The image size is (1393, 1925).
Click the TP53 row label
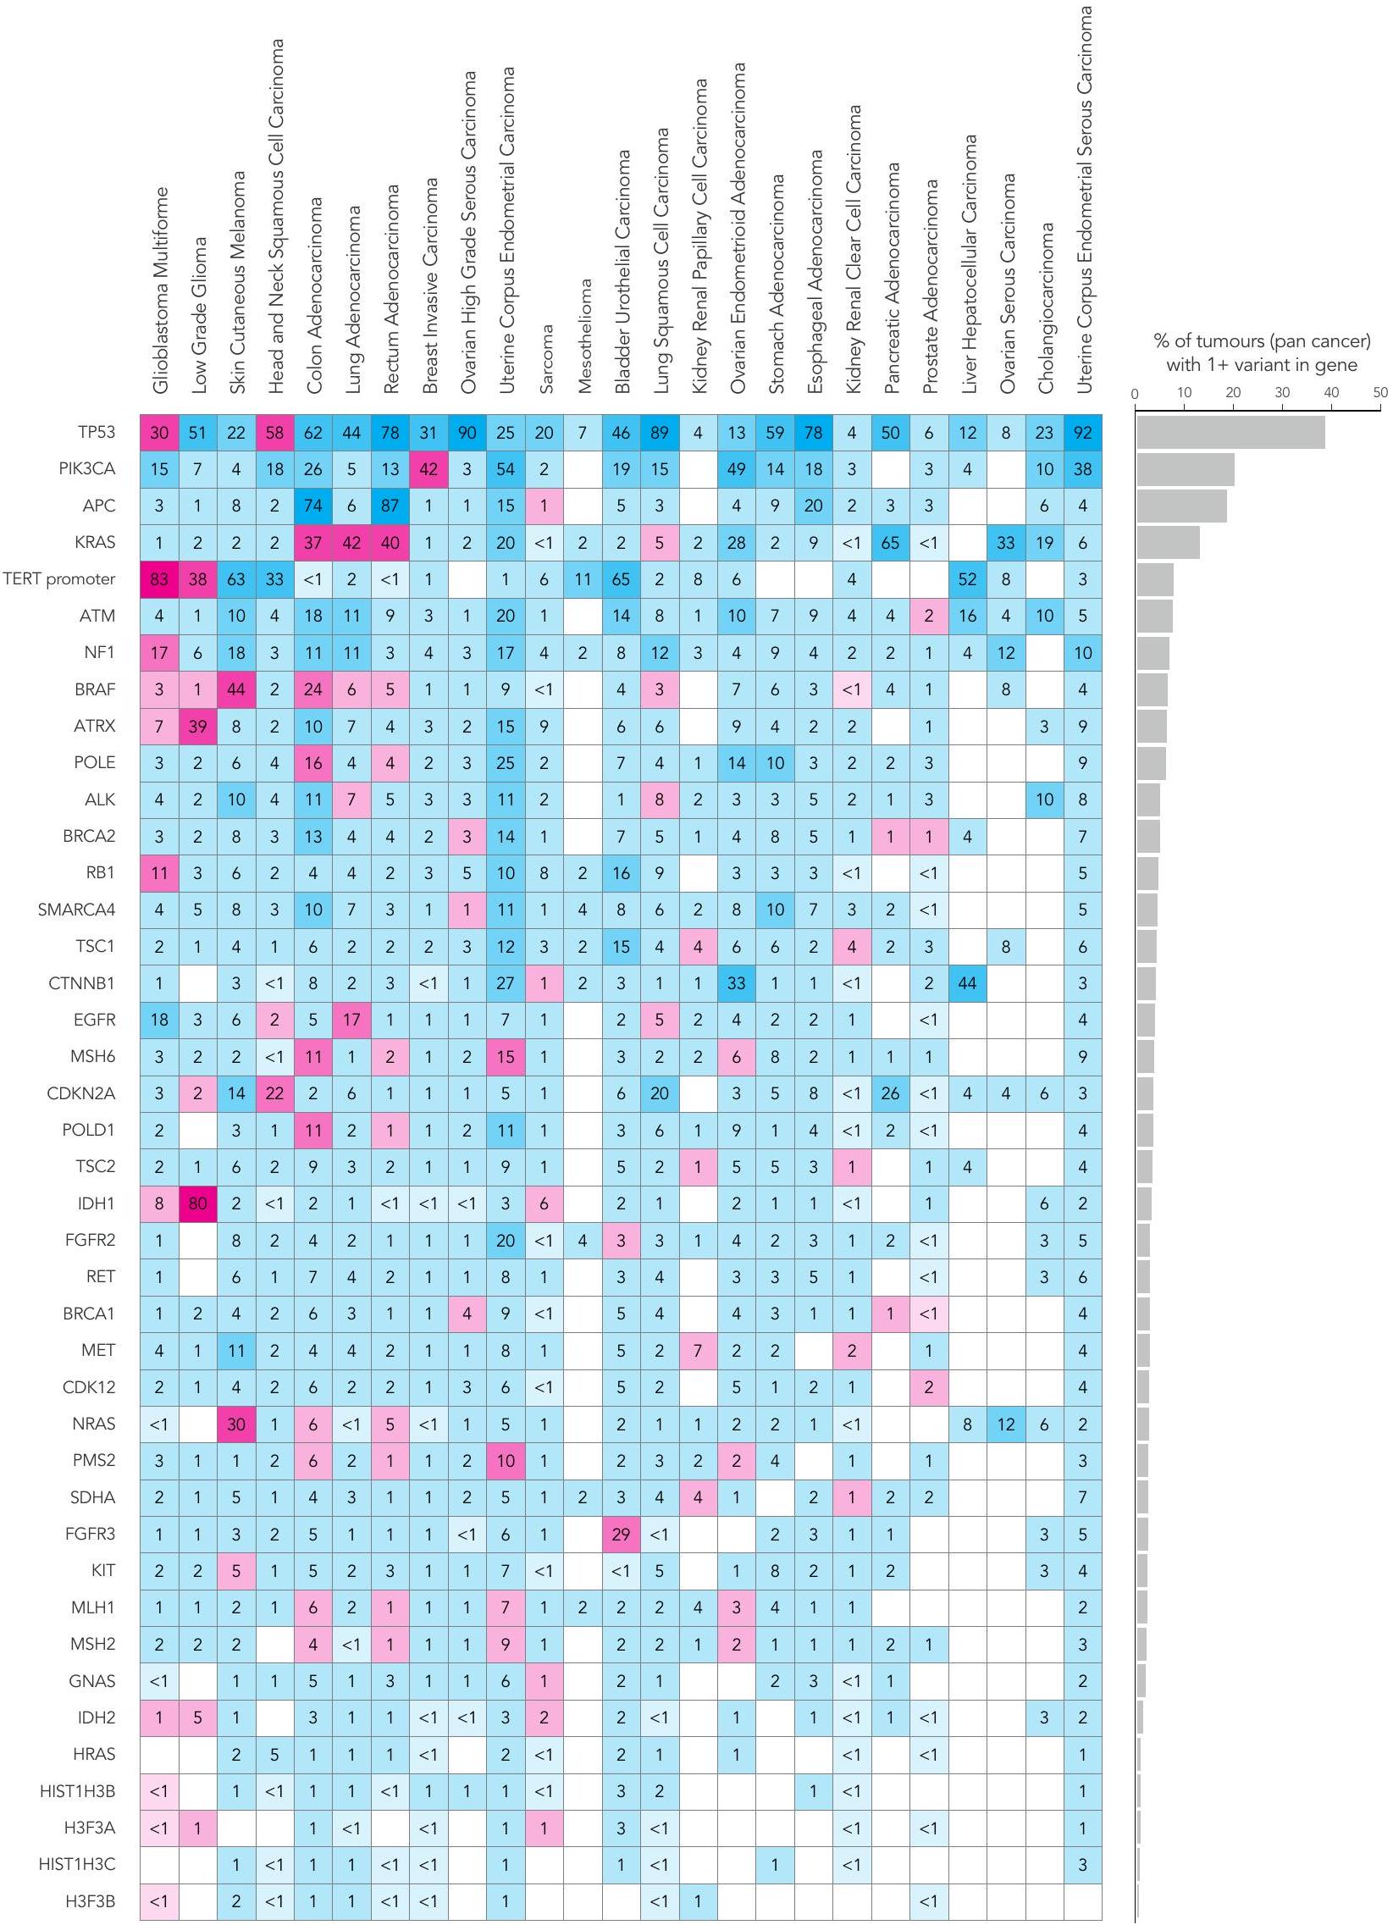(x=96, y=433)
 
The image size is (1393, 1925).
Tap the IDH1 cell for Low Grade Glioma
(x=198, y=1203)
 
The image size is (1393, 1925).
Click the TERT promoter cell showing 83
(x=159, y=580)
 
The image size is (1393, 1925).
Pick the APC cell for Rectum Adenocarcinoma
(x=390, y=506)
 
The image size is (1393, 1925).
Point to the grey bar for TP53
(x=1230, y=433)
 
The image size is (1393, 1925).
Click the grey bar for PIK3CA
(x=1185, y=469)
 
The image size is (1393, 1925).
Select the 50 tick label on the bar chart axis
(x=1380, y=393)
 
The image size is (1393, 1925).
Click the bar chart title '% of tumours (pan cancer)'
(x=1262, y=341)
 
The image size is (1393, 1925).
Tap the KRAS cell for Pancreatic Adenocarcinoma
(x=890, y=542)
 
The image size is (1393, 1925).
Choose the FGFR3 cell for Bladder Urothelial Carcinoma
(x=621, y=1534)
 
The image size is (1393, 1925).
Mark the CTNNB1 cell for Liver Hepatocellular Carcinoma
(x=967, y=984)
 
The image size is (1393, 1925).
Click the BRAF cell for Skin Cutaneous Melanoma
(x=236, y=689)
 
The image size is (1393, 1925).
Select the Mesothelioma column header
(x=584, y=336)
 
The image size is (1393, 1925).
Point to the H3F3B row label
(x=90, y=1901)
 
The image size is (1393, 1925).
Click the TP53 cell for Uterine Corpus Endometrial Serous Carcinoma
(x=1082, y=433)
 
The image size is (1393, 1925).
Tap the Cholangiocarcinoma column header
(x=1045, y=308)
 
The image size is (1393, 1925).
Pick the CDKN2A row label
(x=81, y=1093)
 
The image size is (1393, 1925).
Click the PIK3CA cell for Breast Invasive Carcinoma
(x=428, y=469)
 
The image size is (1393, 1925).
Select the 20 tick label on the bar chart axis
(x=1233, y=393)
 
